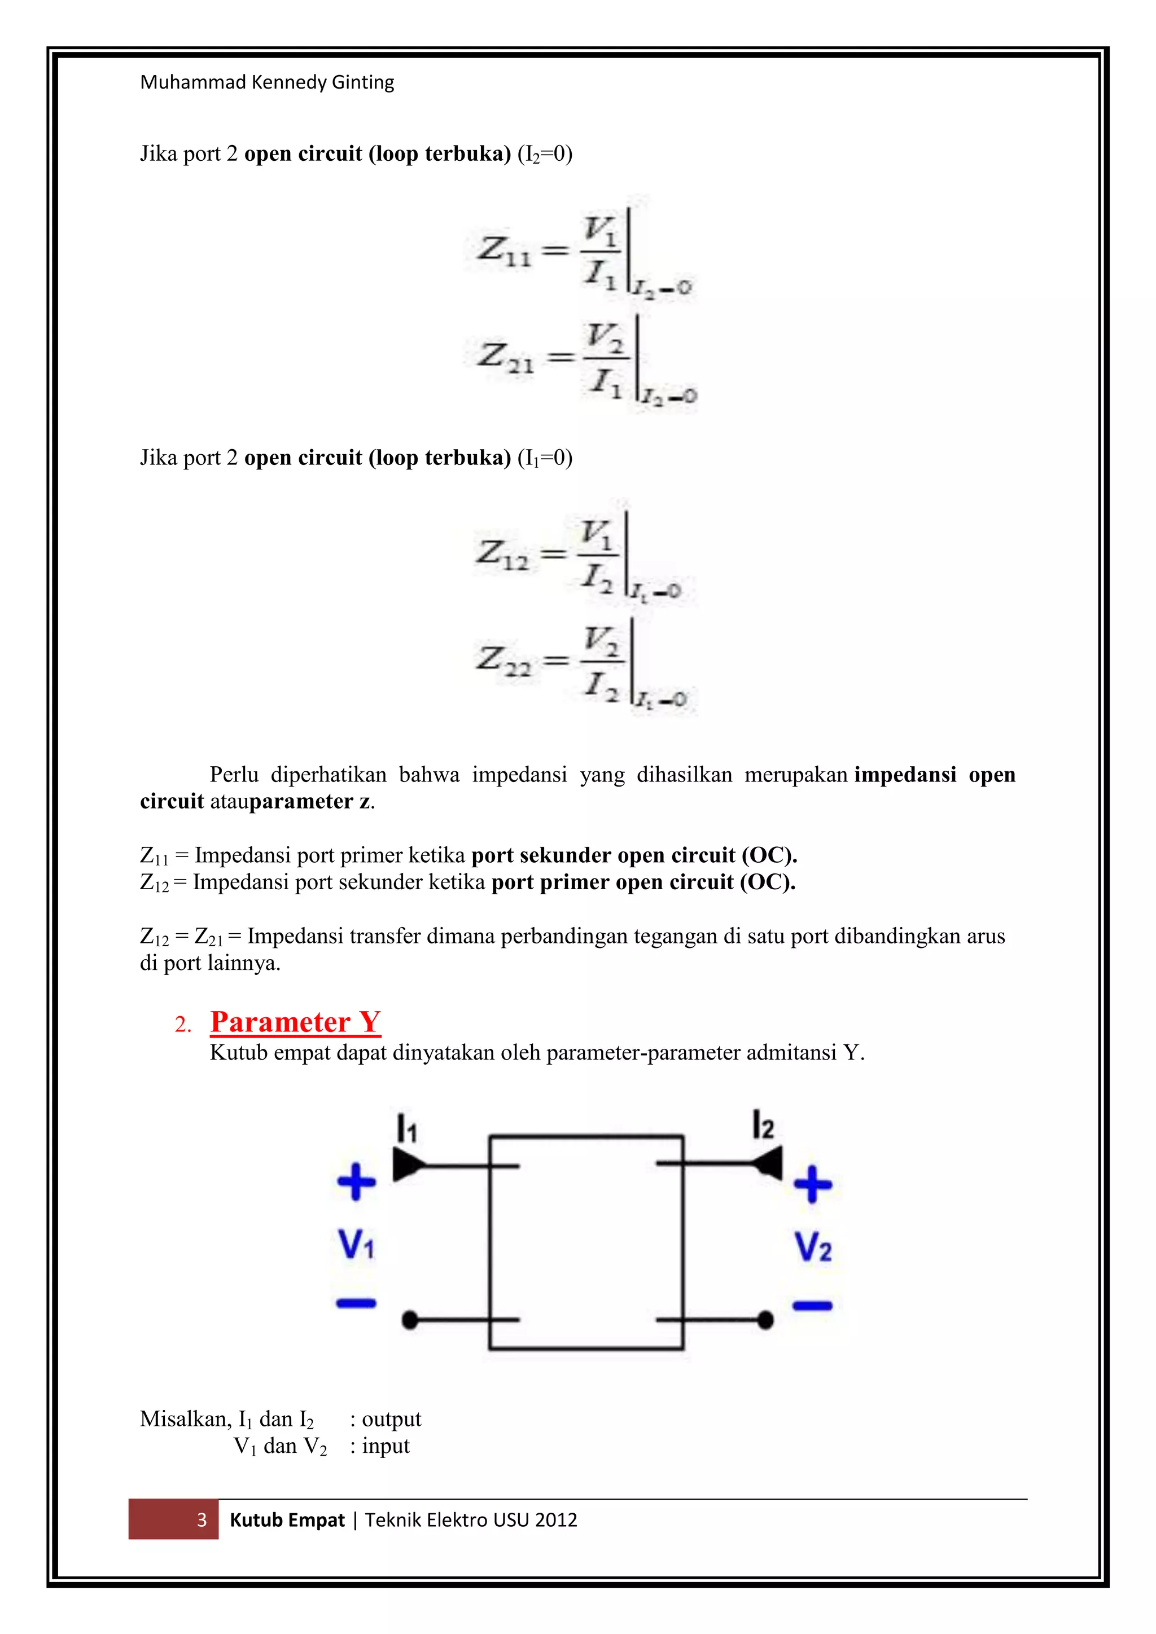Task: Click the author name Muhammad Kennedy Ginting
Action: point(267,82)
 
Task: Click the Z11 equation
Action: point(584,253)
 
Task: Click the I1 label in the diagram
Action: point(406,1128)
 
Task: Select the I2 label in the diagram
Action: point(763,1125)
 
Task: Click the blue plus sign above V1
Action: point(356,1181)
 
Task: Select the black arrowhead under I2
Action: point(767,1163)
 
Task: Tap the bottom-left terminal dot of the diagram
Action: point(409,1320)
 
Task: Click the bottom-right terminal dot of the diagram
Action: point(765,1320)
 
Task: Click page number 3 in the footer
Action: point(202,1520)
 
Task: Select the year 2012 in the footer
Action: point(556,1520)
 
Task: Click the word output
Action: point(392,1419)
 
